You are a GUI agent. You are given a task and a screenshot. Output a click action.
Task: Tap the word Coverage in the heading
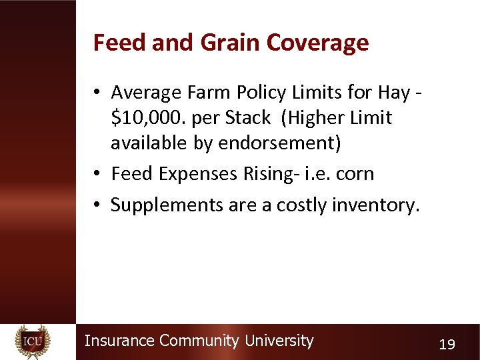[x=317, y=43]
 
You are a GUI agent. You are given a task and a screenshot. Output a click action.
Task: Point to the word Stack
[x=248, y=118]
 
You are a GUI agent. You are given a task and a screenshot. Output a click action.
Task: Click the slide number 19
[x=447, y=345]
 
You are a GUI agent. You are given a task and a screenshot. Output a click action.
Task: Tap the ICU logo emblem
[x=33, y=342]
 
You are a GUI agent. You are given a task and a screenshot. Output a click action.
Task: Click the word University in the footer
[x=279, y=341]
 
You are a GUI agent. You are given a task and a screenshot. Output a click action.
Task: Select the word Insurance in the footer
[x=119, y=341]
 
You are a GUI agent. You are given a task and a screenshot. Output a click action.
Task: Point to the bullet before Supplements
[x=97, y=205]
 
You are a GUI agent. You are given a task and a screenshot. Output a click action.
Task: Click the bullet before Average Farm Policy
[x=97, y=92]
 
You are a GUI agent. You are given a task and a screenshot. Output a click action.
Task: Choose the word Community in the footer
[x=199, y=341]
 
